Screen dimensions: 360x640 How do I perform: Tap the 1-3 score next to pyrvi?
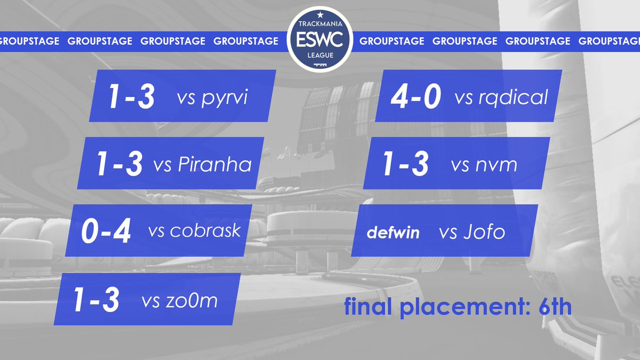(x=131, y=98)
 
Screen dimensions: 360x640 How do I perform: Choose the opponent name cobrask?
(x=206, y=231)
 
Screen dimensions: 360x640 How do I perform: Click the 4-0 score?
(x=416, y=98)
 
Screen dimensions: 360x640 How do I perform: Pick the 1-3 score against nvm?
(x=405, y=164)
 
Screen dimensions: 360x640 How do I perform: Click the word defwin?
(x=393, y=233)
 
